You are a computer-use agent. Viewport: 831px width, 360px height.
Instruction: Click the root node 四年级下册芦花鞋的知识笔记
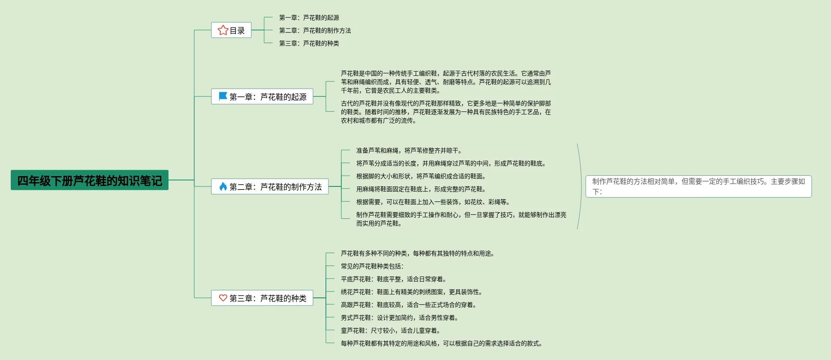pos(90,180)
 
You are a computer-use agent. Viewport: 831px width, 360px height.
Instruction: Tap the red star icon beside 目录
pos(223,30)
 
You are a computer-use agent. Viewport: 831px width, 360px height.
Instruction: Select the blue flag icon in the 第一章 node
pos(223,96)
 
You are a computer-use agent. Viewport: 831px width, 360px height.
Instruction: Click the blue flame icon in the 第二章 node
pos(223,186)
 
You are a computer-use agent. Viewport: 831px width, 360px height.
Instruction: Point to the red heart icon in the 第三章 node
pos(223,298)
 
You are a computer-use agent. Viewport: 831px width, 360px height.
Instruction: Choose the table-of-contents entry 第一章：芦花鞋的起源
pos(309,18)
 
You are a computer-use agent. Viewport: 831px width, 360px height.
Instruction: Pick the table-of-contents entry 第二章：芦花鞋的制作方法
pos(315,30)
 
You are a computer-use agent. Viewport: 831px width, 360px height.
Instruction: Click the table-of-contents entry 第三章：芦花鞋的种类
pos(309,43)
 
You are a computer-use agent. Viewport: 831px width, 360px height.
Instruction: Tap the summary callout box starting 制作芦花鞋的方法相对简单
pos(698,186)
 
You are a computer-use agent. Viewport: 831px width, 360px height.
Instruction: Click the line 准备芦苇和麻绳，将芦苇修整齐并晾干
pos(409,150)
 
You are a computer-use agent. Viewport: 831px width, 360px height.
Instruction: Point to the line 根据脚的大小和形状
pos(421,176)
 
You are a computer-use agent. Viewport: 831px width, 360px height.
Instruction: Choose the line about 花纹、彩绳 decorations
pos(433,202)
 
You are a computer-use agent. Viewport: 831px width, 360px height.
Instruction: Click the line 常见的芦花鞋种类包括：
pos(372,266)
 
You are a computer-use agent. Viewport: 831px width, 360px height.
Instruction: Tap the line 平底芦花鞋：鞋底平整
pos(394,279)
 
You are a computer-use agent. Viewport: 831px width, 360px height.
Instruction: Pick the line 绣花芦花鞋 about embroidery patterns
pos(412,292)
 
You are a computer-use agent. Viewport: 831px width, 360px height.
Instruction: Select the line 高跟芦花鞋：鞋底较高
pos(409,305)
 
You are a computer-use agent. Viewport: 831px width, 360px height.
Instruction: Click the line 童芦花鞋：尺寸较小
pos(391,330)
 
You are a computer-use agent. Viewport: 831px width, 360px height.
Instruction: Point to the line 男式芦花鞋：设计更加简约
pos(400,318)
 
